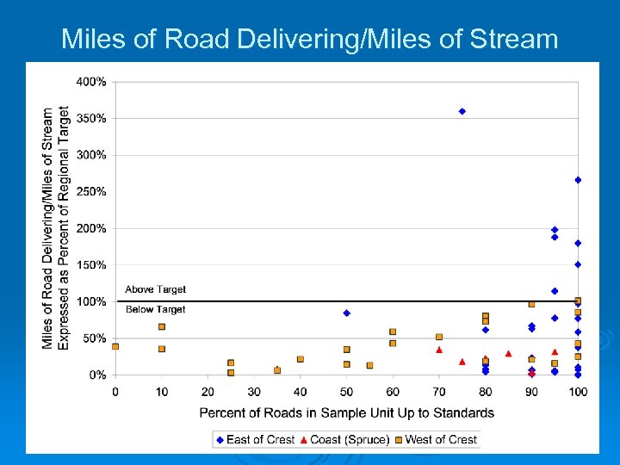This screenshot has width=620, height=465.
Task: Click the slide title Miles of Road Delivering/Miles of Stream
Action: [310, 39]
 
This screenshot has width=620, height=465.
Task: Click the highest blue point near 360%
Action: [462, 111]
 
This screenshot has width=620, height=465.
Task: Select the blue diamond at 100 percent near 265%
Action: [578, 180]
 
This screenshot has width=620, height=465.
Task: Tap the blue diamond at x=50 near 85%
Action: [346, 313]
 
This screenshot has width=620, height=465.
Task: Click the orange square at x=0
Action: [115, 346]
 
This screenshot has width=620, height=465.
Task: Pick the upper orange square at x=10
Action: [162, 326]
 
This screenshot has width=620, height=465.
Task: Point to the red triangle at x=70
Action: [439, 350]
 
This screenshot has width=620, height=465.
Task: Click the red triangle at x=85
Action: [508, 353]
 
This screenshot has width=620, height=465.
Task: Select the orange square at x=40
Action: [301, 359]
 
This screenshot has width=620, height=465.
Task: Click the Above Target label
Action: [155, 289]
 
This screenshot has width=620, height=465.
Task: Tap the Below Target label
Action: [155, 309]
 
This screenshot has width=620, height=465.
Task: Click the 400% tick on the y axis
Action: [92, 82]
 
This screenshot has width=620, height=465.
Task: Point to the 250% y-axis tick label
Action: [92, 191]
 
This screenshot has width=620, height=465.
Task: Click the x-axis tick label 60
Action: [393, 392]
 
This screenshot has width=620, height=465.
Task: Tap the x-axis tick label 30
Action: [254, 392]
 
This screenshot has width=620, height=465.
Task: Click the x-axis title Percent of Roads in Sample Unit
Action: [346, 412]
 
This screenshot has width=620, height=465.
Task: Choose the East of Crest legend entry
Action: [255, 439]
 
